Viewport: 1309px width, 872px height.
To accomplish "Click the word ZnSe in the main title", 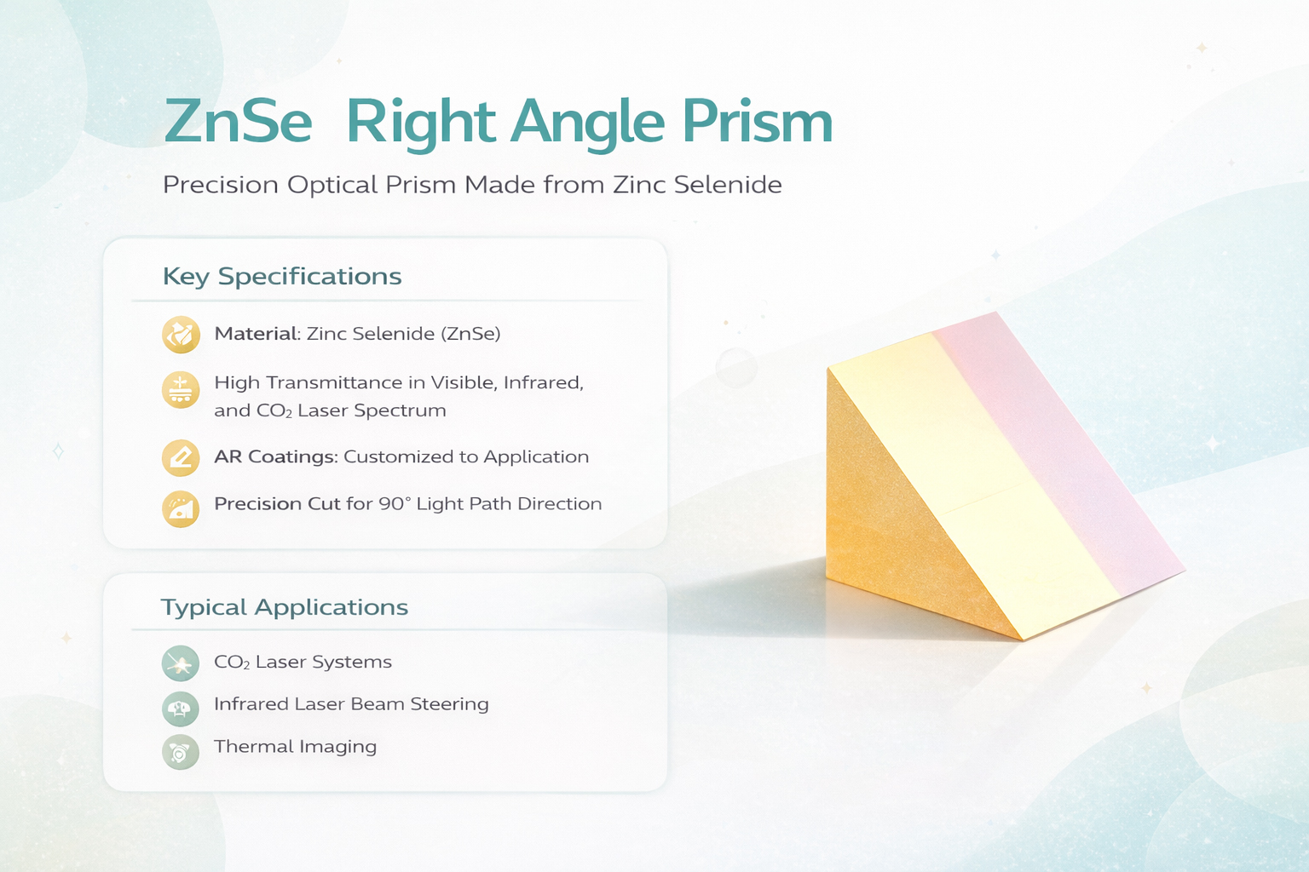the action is pyautogui.click(x=238, y=122).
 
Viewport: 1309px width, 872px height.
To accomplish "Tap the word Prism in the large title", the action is pyautogui.click(x=758, y=122).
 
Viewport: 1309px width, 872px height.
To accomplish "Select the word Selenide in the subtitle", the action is pyautogui.click(x=728, y=185).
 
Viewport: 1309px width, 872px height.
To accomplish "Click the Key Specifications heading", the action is pyautogui.click(x=282, y=276).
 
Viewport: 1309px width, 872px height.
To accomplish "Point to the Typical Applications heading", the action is pyautogui.click(x=285, y=607).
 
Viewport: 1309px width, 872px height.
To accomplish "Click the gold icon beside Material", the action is pyautogui.click(x=182, y=335).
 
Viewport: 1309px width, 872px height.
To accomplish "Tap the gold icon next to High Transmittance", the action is pyautogui.click(x=182, y=389).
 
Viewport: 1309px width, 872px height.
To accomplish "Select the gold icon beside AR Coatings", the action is pyautogui.click(x=182, y=458).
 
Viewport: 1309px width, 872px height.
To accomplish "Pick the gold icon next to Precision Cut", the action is pyautogui.click(x=182, y=508).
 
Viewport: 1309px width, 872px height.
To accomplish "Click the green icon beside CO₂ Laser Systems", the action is pyautogui.click(x=181, y=663).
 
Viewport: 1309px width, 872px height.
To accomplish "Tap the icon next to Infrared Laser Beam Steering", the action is pyautogui.click(x=181, y=708).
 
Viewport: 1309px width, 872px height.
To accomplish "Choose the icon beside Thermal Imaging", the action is pyautogui.click(x=181, y=752).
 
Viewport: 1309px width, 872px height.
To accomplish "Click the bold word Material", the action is pyautogui.click(x=256, y=334).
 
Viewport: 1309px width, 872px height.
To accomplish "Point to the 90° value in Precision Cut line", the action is pyautogui.click(x=395, y=503).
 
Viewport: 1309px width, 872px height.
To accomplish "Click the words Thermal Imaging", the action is pyautogui.click(x=295, y=747).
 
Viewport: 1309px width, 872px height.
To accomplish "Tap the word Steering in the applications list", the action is pyautogui.click(x=449, y=704).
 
